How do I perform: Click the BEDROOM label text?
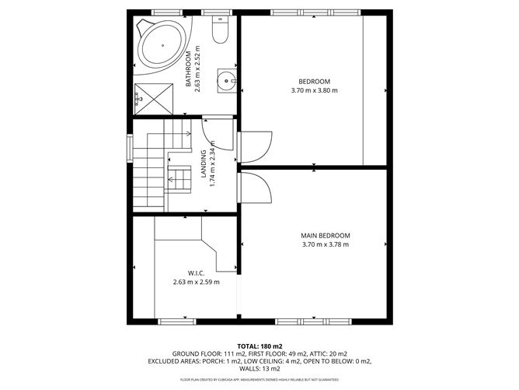[x=315, y=82]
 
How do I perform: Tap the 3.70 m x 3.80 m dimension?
[x=315, y=91]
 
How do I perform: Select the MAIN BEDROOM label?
[x=326, y=236]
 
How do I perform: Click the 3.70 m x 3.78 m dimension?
[x=326, y=245]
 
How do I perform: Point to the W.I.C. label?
[x=195, y=273]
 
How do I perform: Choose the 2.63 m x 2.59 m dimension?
[x=196, y=283]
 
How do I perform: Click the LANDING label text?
[x=203, y=165]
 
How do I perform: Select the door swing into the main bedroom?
[x=256, y=188]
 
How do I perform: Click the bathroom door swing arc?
[x=218, y=134]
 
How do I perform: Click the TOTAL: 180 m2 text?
[x=259, y=346]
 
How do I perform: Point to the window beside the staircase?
[x=129, y=149]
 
